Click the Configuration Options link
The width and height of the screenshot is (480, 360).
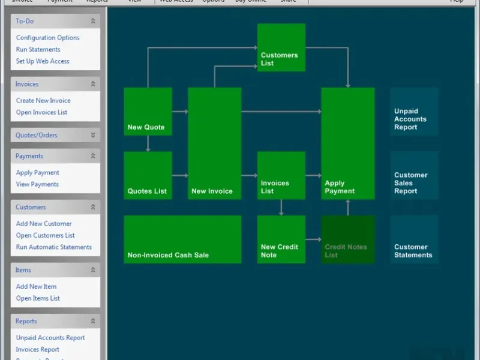(x=47, y=38)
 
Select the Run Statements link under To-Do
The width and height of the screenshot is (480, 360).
(x=38, y=50)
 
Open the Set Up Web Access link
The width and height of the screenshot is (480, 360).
(x=43, y=61)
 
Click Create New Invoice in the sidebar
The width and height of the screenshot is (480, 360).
(x=43, y=101)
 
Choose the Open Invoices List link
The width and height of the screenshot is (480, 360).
(x=41, y=112)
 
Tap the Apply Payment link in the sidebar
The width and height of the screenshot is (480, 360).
(x=37, y=173)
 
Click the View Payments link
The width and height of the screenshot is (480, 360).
(x=37, y=184)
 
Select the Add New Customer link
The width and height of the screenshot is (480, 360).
(x=44, y=224)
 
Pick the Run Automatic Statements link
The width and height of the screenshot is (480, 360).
(x=53, y=247)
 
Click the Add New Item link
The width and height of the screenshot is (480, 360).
(x=36, y=287)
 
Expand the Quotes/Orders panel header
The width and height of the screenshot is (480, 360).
(x=55, y=135)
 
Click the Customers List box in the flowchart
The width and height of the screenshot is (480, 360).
(x=281, y=47)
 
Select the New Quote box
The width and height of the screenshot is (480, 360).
(x=148, y=112)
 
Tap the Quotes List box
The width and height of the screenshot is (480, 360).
(x=148, y=175)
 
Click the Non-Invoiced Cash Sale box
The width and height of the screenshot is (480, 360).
(x=182, y=239)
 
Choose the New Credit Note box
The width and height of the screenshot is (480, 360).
(x=281, y=239)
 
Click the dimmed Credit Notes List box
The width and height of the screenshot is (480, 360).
(x=348, y=239)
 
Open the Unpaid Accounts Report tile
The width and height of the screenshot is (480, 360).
(x=414, y=112)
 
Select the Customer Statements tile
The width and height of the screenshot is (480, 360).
(x=414, y=239)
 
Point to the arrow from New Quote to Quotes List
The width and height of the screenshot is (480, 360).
(x=148, y=143)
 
